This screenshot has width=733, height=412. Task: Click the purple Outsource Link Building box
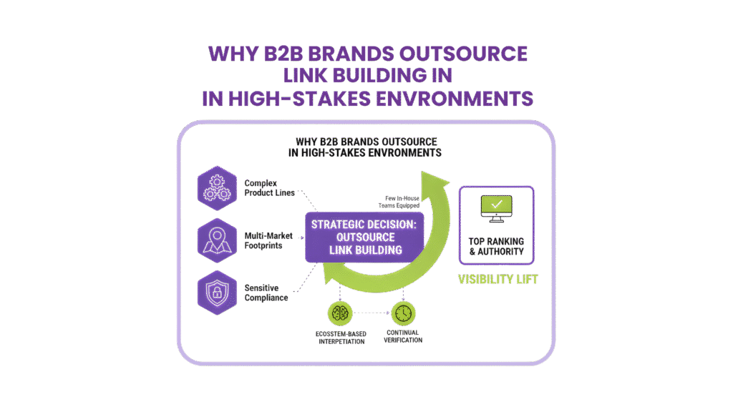[365, 237]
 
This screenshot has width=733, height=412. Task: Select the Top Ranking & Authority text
[496, 246]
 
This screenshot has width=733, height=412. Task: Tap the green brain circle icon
[339, 313]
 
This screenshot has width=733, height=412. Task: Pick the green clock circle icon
[402, 313]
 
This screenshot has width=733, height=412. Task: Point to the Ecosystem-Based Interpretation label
[339, 338]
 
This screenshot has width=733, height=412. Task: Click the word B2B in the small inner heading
[331, 142]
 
